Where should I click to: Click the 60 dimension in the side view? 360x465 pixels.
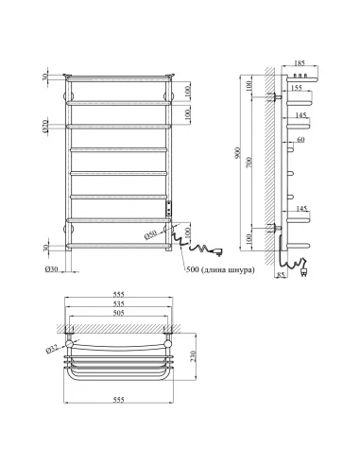(x=300, y=140)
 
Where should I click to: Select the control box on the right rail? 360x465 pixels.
(x=169, y=210)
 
